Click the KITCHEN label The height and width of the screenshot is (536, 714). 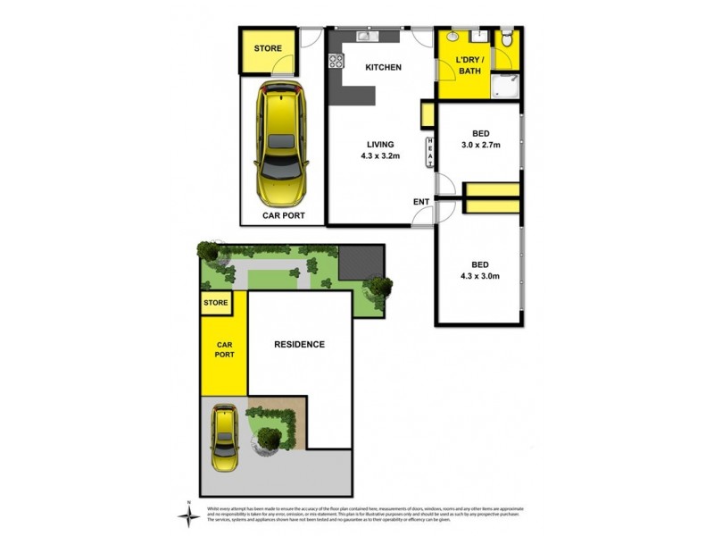pyautogui.click(x=384, y=67)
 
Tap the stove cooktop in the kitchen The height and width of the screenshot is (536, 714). pyautogui.click(x=336, y=61)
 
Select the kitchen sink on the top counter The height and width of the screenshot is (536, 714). pyautogui.click(x=367, y=37)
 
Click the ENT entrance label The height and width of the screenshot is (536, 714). pyautogui.click(x=420, y=202)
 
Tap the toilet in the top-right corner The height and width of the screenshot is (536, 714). pyautogui.click(x=507, y=38)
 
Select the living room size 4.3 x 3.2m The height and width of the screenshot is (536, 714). pyautogui.click(x=379, y=155)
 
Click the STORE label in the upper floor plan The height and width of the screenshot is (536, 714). pyautogui.click(x=268, y=48)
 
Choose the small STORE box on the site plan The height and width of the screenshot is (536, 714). pyautogui.click(x=217, y=303)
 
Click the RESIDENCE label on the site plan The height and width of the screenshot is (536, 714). pyautogui.click(x=299, y=344)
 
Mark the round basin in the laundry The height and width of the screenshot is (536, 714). pyautogui.click(x=454, y=38)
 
